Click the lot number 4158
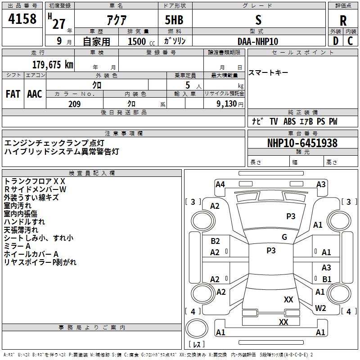22,19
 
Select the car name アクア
117,20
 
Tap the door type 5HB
174,20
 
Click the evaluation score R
343,21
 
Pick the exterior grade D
336,41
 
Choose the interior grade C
350,41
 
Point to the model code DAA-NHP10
258,41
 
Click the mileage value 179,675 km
53,65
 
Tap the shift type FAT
13,94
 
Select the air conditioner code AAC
35,94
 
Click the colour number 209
74,104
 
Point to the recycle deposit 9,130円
230,104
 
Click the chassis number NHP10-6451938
302,143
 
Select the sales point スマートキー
268,73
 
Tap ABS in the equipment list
289,121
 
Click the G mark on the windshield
284,237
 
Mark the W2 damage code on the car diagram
320,308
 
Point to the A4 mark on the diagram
220,184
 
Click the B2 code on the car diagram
215,241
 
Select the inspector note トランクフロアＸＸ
35,181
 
